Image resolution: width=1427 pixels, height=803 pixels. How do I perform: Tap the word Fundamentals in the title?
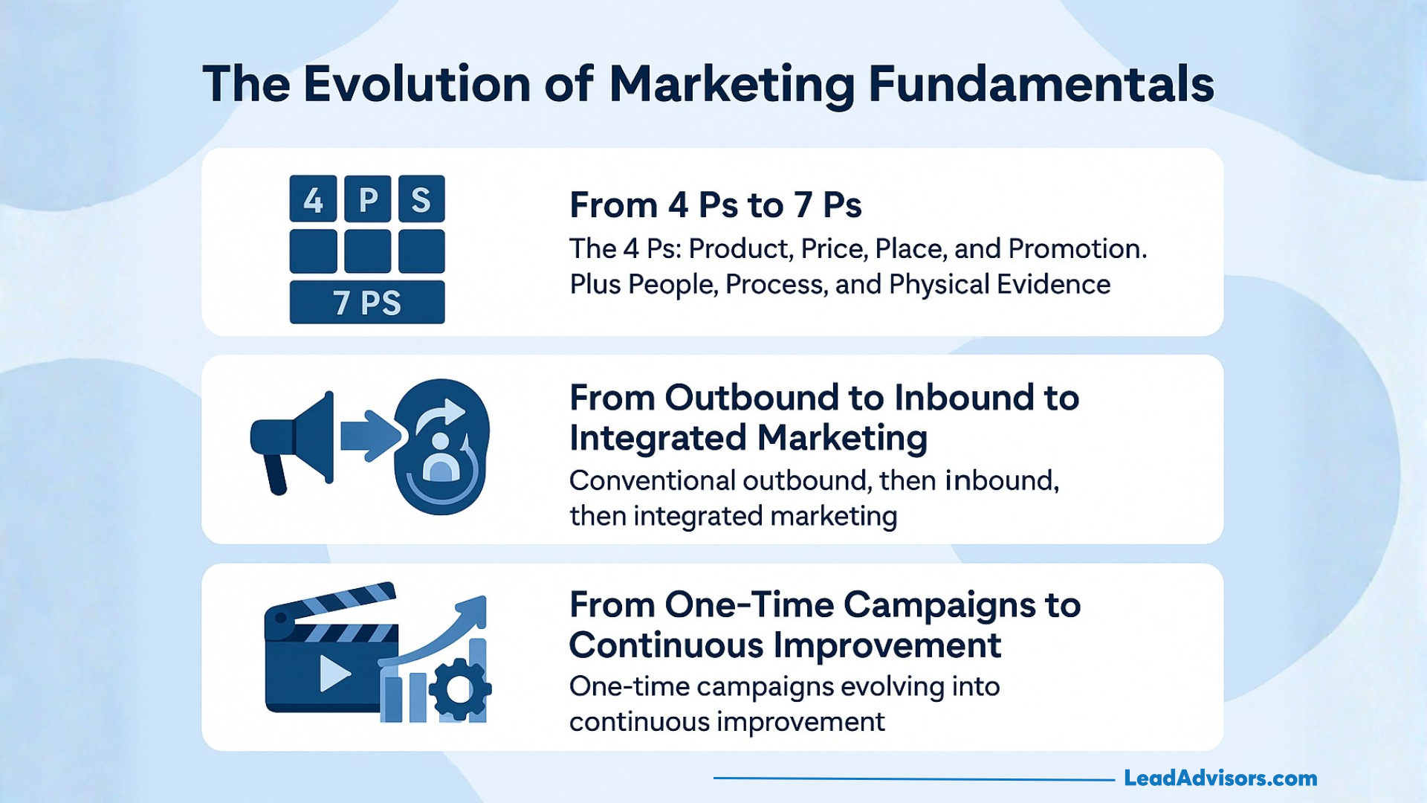pos(1041,83)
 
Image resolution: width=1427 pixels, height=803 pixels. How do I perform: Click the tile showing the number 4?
pos(313,199)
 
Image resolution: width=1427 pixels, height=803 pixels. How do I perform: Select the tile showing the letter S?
pos(421,199)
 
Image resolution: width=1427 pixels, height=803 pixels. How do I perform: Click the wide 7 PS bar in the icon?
pos(367,303)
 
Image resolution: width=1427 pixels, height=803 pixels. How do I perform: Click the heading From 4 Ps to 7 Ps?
pos(715,205)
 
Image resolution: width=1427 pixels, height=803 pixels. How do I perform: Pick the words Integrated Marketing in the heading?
pos(748,438)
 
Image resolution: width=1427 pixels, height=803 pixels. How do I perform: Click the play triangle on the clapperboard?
pos(334,674)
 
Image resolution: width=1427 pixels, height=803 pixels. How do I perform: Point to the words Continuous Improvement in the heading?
pos(785,645)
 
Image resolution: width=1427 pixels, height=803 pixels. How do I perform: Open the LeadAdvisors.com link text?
pos(1220,778)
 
